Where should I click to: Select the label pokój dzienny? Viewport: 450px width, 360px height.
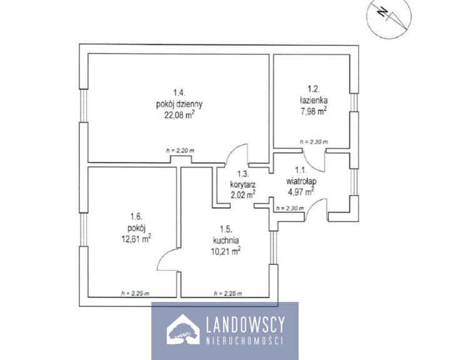pyautogui.click(x=179, y=104)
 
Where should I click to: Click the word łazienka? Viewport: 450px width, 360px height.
pyautogui.click(x=313, y=100)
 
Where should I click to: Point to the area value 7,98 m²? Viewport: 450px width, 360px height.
pyautogui.click(x=313, y=111)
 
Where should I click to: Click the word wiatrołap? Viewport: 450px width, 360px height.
pyautogui.click(x=301, y=181)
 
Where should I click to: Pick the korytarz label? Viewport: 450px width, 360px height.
pyautogui.click(x=242, y=184)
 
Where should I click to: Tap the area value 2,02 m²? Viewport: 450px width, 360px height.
pyautogui.click(x=242, y=194)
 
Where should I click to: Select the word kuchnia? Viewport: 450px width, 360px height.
pyautogui.click(x=226, y=240)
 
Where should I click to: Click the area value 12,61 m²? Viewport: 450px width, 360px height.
pyautogui.click(x=137, y=239)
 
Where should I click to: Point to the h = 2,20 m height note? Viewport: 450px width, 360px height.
pyautogui.click(x=180, y=151)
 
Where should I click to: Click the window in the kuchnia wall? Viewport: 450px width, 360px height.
pyautogui.click(x=274, y=247)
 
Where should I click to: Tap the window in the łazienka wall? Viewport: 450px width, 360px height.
pyautogui.click(x=354, y=102)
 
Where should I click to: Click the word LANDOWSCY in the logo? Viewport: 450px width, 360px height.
pyautogui.click(x=246, y=324)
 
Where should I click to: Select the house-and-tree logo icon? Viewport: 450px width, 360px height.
pyautogui.click(x=183, y=329)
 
